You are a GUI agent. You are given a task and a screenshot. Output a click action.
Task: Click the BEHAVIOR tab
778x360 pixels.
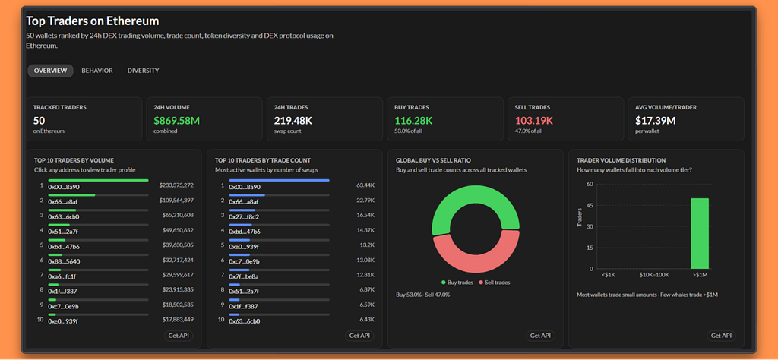[x=97, y=71]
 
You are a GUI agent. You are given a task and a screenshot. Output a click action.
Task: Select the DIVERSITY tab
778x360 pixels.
[x=143, y=71]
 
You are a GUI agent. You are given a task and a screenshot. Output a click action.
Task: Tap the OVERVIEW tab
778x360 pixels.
[x=50, y=71]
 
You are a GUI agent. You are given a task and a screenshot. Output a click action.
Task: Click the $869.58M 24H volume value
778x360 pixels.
[x=176, y=121]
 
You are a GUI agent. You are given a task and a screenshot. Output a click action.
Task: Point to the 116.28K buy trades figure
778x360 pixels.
[x=413, y=121]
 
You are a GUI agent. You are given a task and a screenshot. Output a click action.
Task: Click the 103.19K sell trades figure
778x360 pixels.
[x=534, y=121]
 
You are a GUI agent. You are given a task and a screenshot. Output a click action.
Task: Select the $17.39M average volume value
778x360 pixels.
[x=655, y=121]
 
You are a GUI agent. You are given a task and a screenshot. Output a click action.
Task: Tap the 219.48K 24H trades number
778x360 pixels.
[x=293, y=121]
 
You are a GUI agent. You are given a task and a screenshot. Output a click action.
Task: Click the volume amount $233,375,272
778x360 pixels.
[x=176, y=185]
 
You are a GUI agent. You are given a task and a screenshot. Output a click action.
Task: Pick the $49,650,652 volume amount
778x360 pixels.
[x=178, y=230]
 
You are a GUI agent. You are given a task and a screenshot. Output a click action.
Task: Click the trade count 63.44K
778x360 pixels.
[x=365, y=185]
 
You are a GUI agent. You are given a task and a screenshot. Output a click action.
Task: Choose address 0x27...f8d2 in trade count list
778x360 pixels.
[x=244, y=216]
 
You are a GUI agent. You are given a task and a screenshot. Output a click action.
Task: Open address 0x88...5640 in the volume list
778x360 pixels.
[x=64, y=262]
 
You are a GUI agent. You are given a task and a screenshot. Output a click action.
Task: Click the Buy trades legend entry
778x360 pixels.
[x=456, y=282]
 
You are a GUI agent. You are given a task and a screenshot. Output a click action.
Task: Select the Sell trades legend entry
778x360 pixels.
[x=494, y=282]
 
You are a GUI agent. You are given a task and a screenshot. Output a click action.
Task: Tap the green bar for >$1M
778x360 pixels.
[x=700, y=234]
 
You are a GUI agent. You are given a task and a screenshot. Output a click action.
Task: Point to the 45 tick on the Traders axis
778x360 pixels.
[x=590, y=205]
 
